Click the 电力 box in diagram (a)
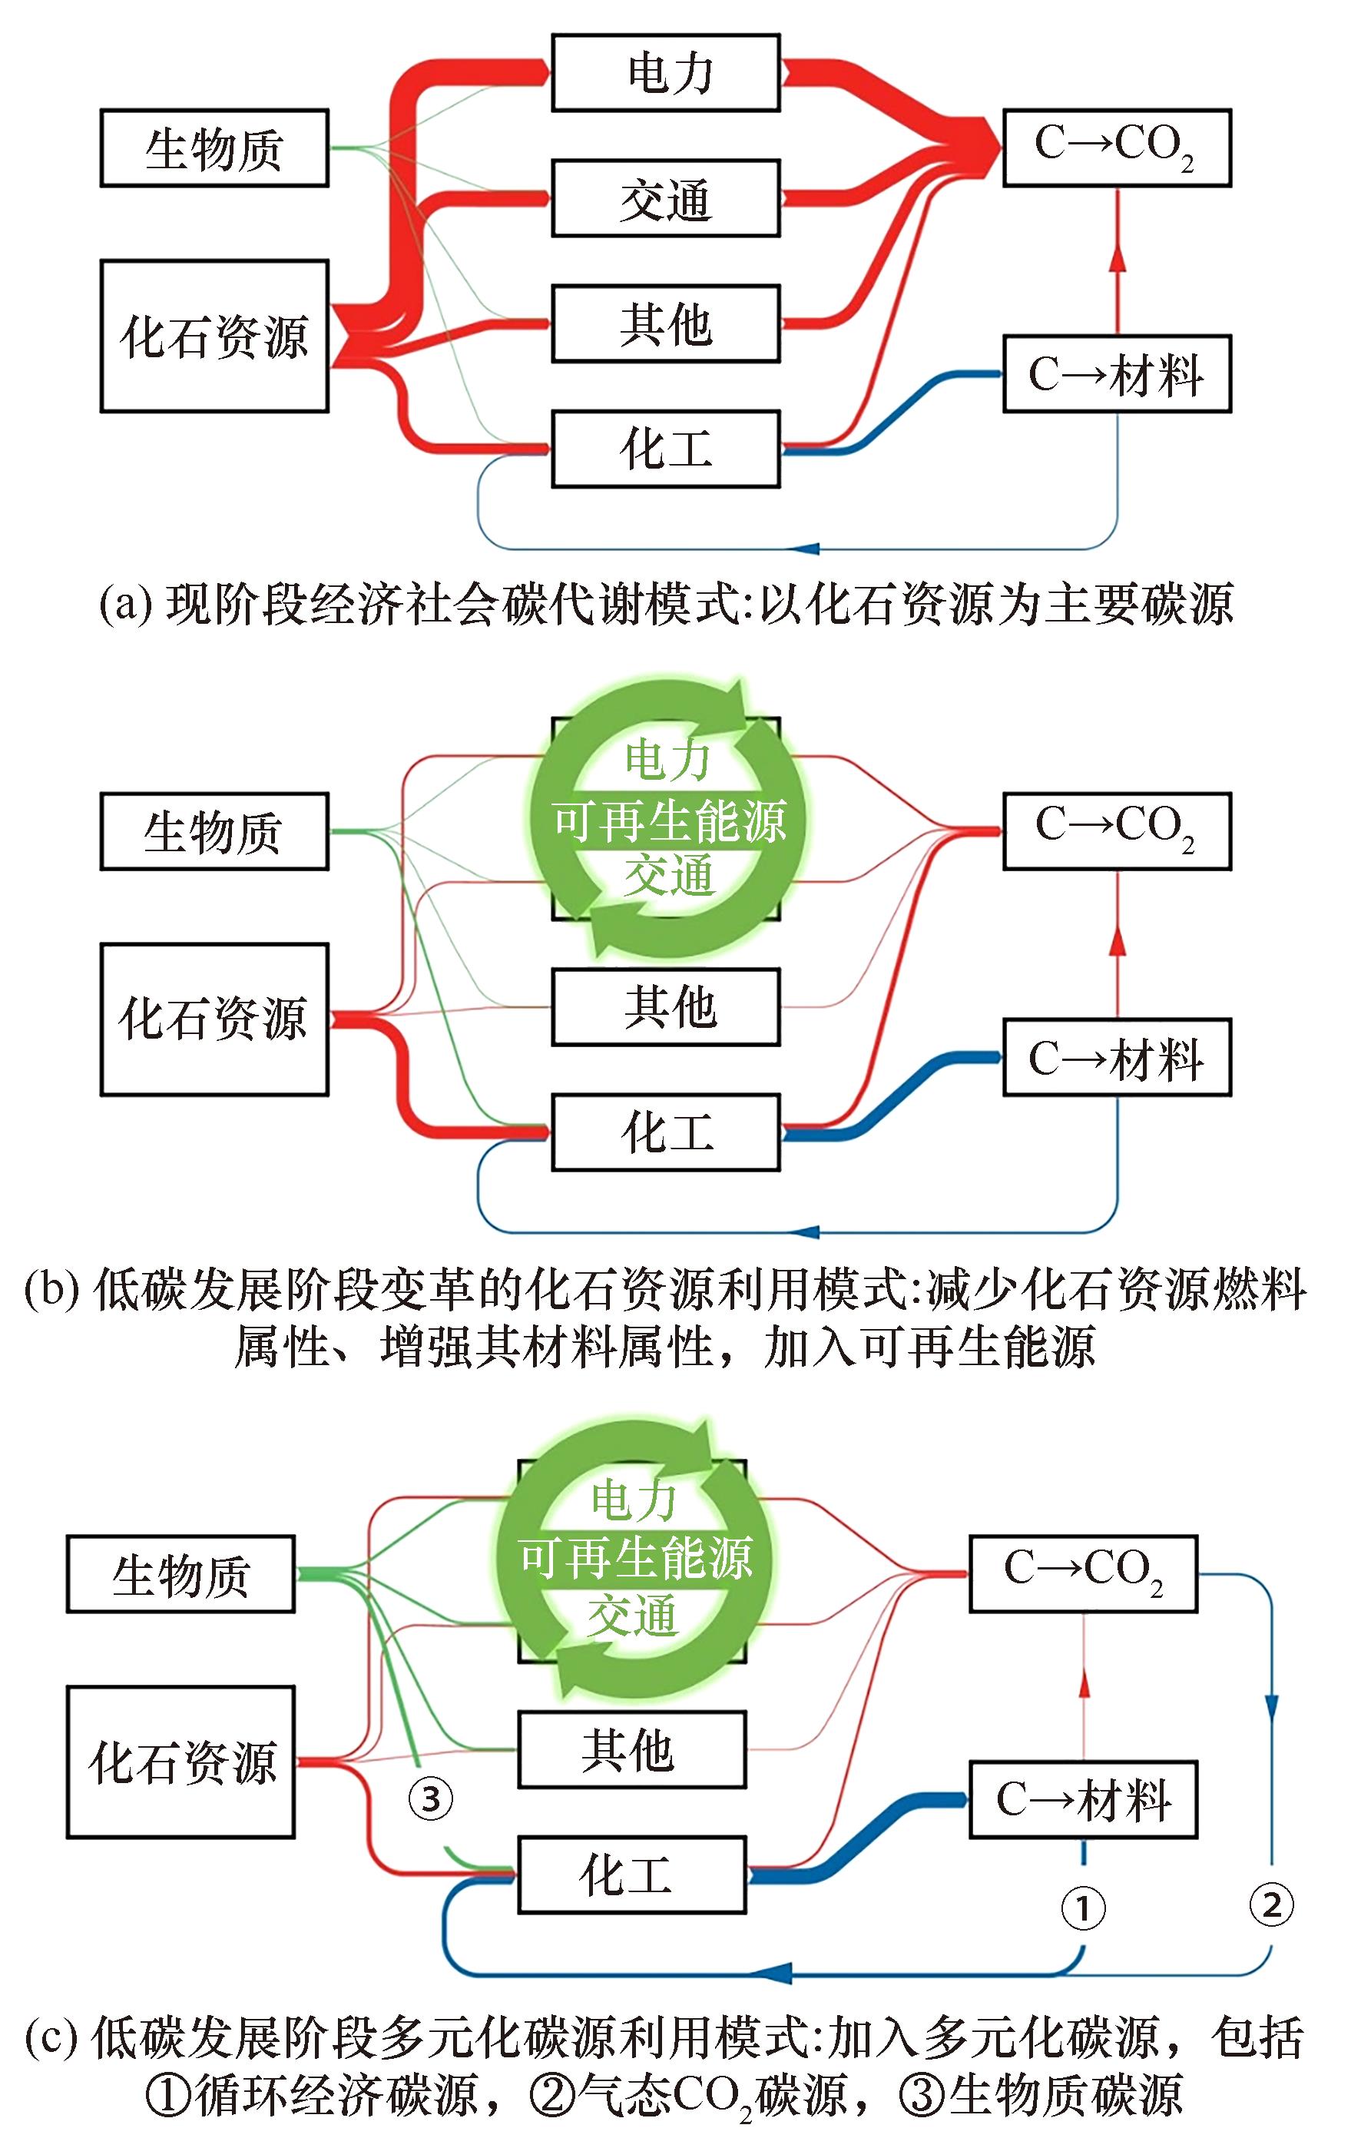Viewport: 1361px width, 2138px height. point(666,73)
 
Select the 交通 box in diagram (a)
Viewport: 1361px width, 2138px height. point(666,198)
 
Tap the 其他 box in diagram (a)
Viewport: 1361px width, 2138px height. point(666,323)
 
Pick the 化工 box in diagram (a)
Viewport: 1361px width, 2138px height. point(666,449)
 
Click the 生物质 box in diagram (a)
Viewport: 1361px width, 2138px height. point(214,148)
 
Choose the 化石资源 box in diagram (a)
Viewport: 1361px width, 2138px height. point(214,336)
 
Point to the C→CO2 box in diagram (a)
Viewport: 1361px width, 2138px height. point(1117,148)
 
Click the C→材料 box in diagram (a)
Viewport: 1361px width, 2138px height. point(1117,374)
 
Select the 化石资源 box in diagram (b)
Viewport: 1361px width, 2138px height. point(214,1019)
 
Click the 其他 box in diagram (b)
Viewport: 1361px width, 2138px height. point(666,1007)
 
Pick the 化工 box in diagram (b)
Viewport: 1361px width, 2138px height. point(666,1132)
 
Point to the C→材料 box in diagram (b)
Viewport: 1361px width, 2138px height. point(1117,1057)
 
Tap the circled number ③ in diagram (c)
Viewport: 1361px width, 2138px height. point(431,1799)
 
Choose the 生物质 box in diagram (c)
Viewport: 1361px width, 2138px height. point(180,1573)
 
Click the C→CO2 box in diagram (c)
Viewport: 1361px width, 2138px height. point(1083,1573)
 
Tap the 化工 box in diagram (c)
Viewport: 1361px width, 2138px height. point(632,1874)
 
